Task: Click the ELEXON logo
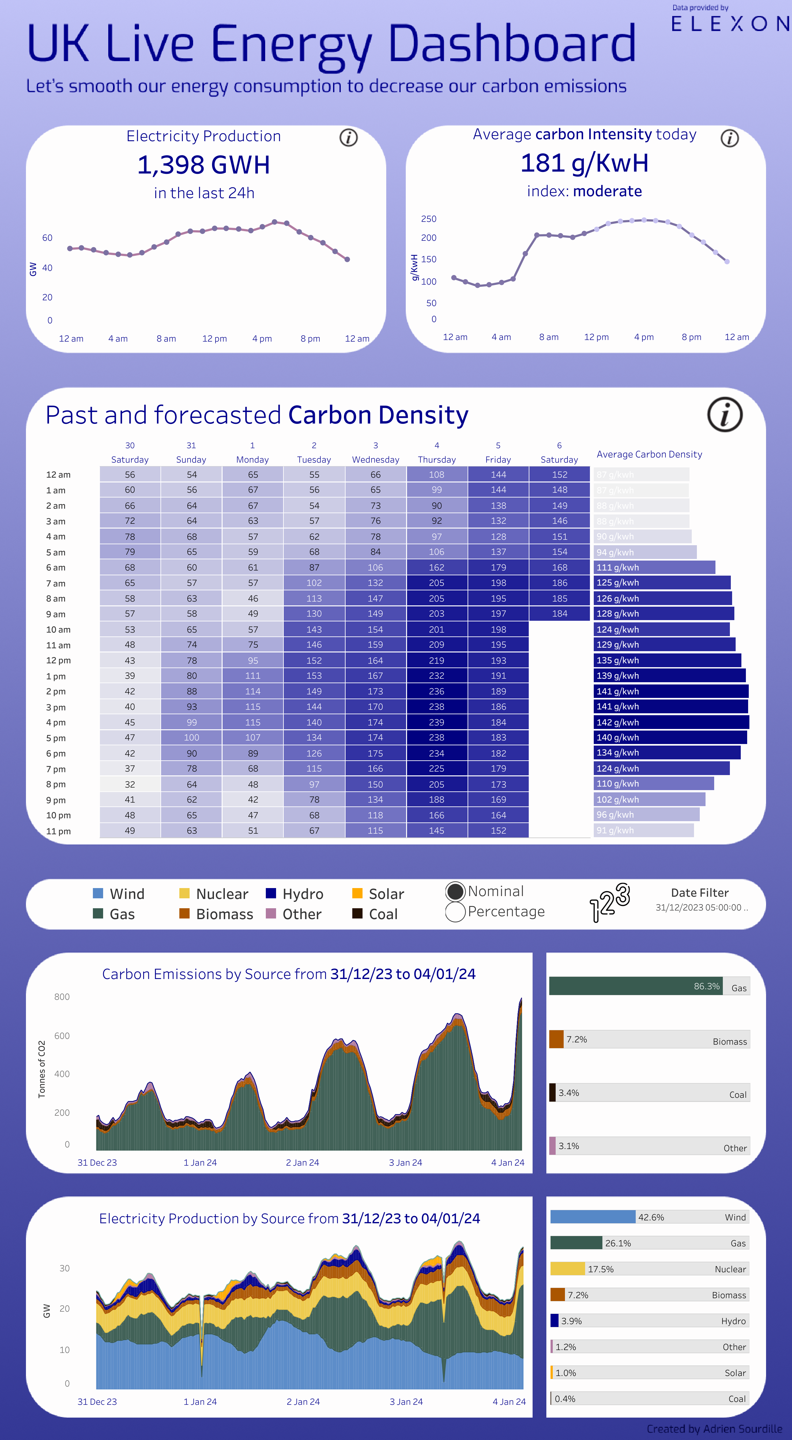click(x=730, y=23)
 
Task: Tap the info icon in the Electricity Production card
click(x=348, y=138)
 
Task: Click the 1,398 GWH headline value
click(x=204, y=165)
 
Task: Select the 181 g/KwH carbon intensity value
click(x=584, y=163)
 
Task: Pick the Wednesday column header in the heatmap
click(x=375, y=459)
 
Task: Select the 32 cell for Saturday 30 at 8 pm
click(x=130, y=784)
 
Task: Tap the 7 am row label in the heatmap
click(x=56, y=583)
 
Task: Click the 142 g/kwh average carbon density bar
click(x=671, y=722)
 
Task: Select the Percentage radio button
click(x=455, y=912)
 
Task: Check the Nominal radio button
click(x=455, y=891)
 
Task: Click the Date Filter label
click(x=700, y=893)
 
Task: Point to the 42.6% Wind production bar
click(x=592, y=1217)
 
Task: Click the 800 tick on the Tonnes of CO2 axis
click(x=62, y=997)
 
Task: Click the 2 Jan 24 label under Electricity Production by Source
click(x=303, y=1402)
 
